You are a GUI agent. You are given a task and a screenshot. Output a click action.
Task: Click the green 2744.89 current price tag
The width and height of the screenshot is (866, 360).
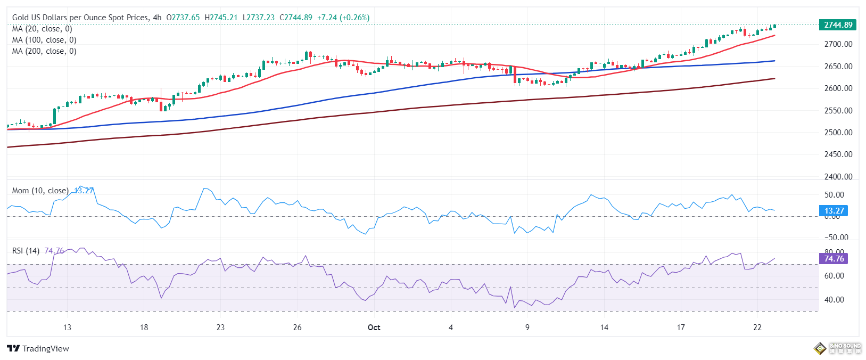click(838, 25)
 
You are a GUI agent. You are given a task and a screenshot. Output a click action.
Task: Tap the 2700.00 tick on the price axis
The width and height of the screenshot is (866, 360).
click(838, 44)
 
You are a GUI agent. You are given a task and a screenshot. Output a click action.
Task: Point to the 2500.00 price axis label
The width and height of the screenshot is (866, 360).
click(838, 133)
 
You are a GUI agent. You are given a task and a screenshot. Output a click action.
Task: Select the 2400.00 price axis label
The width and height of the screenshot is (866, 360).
click(838, 177)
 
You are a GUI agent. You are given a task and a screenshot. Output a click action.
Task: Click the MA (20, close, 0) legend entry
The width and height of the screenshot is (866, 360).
click(42, 29)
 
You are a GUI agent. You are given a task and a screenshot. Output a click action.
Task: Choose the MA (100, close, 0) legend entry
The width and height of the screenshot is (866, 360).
click(44, 40)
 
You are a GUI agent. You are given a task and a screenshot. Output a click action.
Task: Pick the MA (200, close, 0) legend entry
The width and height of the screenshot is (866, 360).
click(44, 51)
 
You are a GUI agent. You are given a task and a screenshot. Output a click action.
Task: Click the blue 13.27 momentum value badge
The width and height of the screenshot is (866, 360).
click(834, 211)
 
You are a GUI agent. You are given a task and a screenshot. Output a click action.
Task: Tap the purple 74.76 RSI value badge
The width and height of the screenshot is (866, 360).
click(834, 259)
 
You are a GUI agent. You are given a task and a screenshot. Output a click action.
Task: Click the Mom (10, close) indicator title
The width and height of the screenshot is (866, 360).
click(40, 191)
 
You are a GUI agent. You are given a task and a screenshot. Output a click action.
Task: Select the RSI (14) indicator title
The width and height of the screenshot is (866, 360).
click(26, 251)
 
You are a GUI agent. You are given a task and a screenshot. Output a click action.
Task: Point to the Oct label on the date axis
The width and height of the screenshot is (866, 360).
click(374, 328)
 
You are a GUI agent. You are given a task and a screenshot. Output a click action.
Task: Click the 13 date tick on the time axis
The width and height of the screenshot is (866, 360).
click(67, 328)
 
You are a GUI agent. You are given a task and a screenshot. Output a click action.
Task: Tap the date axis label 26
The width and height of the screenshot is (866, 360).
click(298, 328)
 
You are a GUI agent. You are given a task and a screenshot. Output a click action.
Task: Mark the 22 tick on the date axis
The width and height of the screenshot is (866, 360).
click(757, 328)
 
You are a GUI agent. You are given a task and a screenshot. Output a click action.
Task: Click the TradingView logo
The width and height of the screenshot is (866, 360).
click(38, 349)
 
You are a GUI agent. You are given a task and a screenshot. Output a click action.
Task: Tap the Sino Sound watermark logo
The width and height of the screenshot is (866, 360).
click(838, 349)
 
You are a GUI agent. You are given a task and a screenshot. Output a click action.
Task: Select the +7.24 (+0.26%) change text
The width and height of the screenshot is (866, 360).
click(343, 18)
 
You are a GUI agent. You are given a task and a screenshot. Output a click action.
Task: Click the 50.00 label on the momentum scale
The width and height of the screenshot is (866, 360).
click(834, 195)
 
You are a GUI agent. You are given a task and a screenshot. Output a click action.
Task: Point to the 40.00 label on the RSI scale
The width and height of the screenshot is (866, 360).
click(834, 300)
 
